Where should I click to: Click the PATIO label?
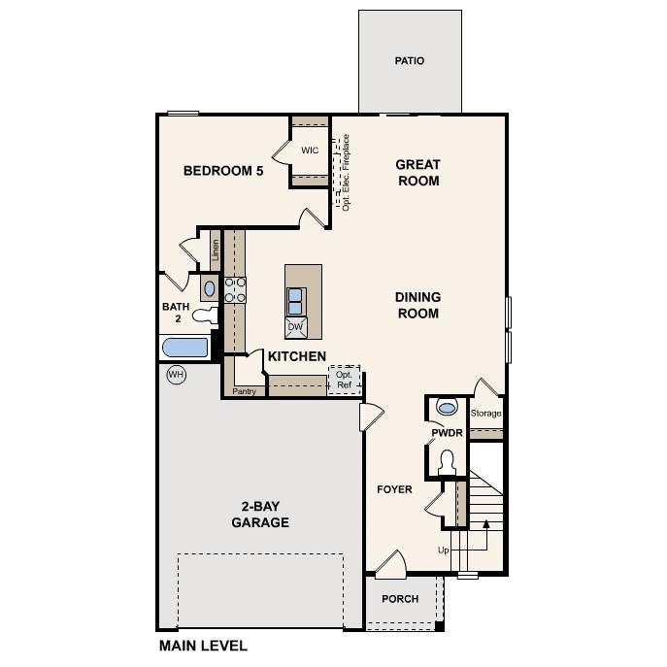(x=409, y=61)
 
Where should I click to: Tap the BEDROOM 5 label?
(x=223, y=171)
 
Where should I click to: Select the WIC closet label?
(x=310, y=150)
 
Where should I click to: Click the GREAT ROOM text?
(x=417, y=173)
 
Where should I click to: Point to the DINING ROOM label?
(x=417, y=305)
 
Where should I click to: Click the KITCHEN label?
(x=297, y=356)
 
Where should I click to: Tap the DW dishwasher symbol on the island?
(x=296, y=326)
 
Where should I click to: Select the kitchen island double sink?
(x=296, y=299)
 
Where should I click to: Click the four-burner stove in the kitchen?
(x=236, y=289)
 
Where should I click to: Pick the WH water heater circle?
(x=176, y=375)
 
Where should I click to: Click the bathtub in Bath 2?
(x=184, y=348)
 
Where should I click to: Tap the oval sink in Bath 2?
(x=210, y=288)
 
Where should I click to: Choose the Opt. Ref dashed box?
(x=345, y=379)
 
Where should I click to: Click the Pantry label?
(x=244, y=392)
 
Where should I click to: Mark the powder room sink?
(x=447, y=406)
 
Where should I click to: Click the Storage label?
(x=486, y=413)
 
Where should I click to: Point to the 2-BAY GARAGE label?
(x=260, y=515)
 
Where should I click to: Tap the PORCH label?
(x=400, y=599)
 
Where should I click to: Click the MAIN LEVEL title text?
(x=203, y=646)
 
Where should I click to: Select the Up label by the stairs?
(x=444, y=550)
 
